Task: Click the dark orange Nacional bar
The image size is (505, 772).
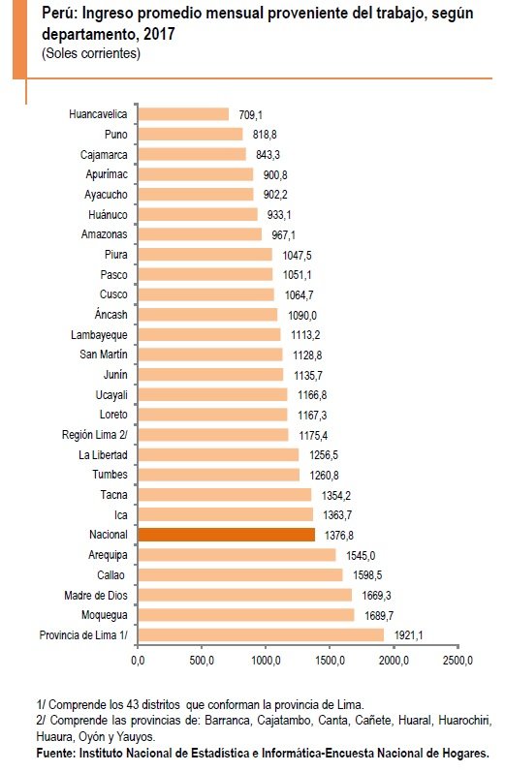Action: click(x=226, y=534)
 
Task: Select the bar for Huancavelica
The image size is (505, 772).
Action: click(x=183, y=114)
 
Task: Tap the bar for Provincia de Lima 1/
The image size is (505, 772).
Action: click(x=260, y=634)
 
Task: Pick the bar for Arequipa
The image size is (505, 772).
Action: click(x=237, y=554)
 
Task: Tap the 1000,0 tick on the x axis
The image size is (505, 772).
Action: click(x=266, y=661)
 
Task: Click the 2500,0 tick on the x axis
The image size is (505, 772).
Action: click(x=457, y=661)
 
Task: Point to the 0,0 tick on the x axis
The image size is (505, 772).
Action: click(x=138, y=661)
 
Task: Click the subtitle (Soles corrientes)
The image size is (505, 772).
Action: click(x=90, y=53)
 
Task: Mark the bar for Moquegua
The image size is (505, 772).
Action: click(x=245, y=614)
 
